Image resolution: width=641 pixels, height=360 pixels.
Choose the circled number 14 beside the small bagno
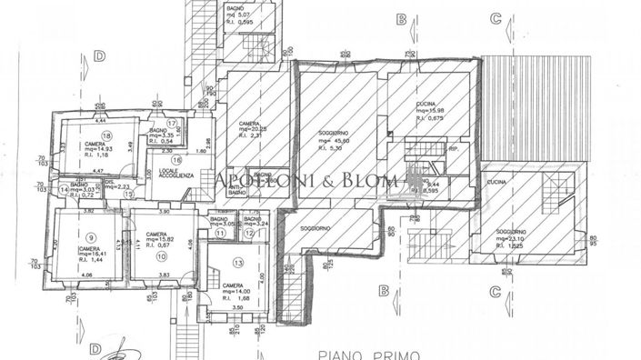[x=64, y=188]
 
